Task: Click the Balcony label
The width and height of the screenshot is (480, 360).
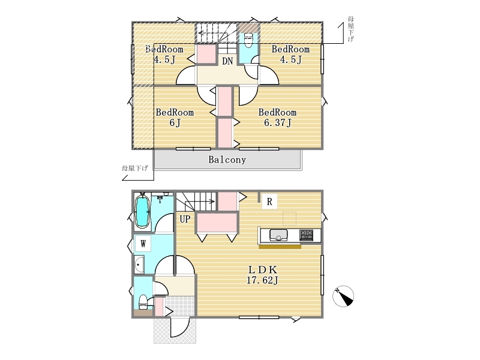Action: click(x=227, y=160)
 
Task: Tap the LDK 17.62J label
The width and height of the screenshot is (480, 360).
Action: click(x=262, y=275)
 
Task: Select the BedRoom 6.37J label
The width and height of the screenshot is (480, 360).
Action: click(x=277, y=117)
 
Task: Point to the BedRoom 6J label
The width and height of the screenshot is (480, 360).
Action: click(x=175, y=117)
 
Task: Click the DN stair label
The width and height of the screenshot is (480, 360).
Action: click(x=227, y=61)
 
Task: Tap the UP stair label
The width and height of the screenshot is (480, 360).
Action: click(x=185, y=219)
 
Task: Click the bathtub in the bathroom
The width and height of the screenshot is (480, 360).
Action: click(x=142, y=212)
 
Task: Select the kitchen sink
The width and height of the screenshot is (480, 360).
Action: click(x=278, y=235)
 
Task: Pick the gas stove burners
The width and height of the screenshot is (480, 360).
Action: click(x=306, y=235)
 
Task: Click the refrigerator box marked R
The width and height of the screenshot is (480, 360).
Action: click(x=269, y=202)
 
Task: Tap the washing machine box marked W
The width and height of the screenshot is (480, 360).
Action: click(x=143, y=244)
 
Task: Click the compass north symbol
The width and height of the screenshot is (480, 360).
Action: click(x=343, y=296)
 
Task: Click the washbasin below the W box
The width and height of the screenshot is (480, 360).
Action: click(x=139, y=264)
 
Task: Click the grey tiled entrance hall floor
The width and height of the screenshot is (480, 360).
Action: click(x=181, y=306)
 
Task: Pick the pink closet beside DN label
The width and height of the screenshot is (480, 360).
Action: click(x=206, y=54)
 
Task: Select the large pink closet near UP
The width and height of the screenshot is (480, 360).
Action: click(x=217, y=223)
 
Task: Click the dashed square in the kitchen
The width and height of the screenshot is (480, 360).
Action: click(x=289, y=218)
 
